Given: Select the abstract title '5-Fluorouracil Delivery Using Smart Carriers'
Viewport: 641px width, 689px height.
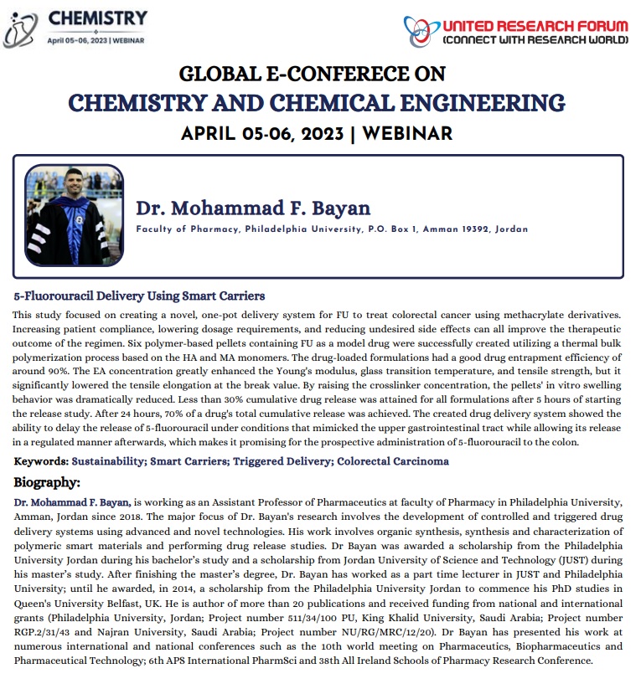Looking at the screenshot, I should (139, 296).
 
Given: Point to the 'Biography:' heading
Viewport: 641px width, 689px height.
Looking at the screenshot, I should (47, 483).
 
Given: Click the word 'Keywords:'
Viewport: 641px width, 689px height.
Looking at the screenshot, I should (41, 461).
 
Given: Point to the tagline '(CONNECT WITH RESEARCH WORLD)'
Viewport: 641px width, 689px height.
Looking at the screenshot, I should (535, 39).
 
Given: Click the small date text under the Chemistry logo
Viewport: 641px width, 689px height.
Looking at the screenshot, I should (96, 39).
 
